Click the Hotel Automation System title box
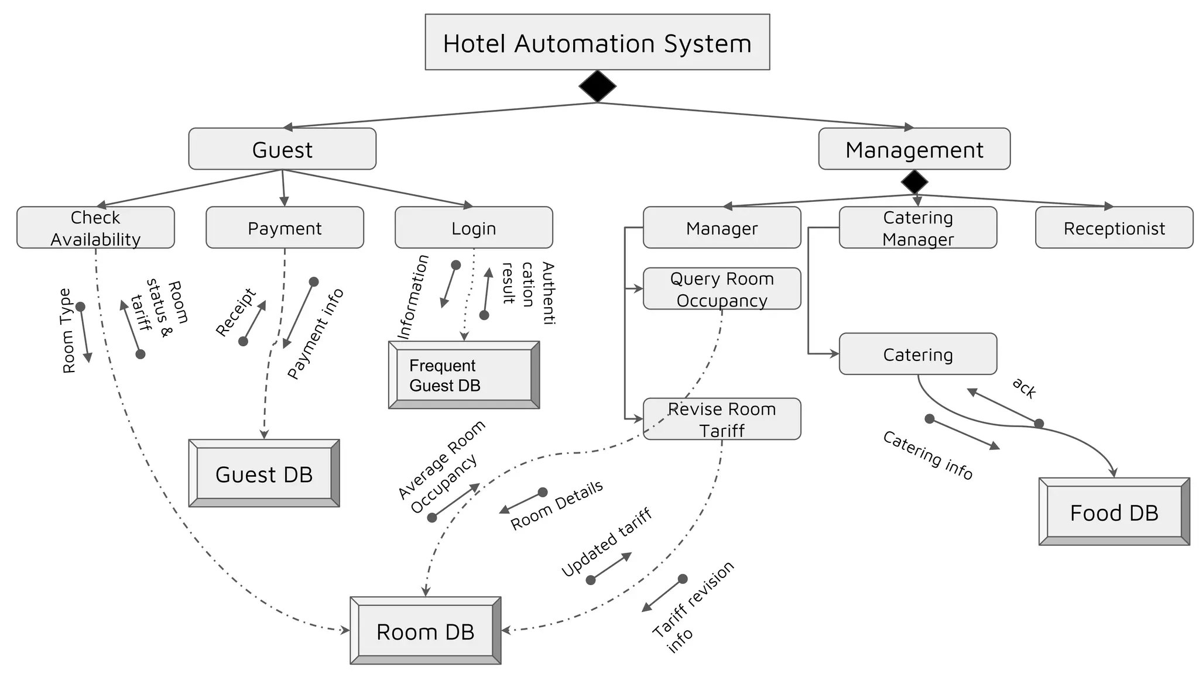point(597,42)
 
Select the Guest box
point(282,149)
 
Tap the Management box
point(914,149)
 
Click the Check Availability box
point(95,228)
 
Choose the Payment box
point(285,228)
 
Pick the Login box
point(474,228)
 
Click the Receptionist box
point(1114,228)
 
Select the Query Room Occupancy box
point(721,288)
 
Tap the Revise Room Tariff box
point(721,419)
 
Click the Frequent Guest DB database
point(464,375)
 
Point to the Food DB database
point(1114,512)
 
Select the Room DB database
point(425,631)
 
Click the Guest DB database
point(264,473)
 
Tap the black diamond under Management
point(914,182)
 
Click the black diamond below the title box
point(597,87)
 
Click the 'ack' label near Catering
point(1024,388)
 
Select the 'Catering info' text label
point(927,455)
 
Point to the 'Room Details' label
point(556,505)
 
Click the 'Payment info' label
point(316,333)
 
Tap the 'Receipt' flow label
point(235,312)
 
